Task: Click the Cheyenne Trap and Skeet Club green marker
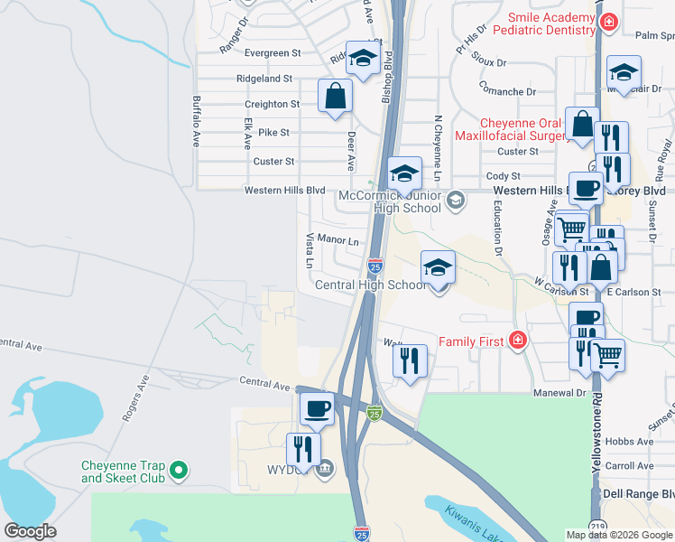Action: tap(179, 470)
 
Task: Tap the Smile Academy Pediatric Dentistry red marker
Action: tap(609, 21)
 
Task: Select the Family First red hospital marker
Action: tap(517, 341)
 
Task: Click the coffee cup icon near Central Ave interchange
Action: tap(318, 407)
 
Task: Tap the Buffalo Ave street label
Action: tap(195, 122)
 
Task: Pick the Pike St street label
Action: tap(273, 132)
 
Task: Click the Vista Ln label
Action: tap(309, 251)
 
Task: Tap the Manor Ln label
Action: tap(338, 241)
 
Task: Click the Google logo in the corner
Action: tap(31, 531)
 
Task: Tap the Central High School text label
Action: tap(370, 285)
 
